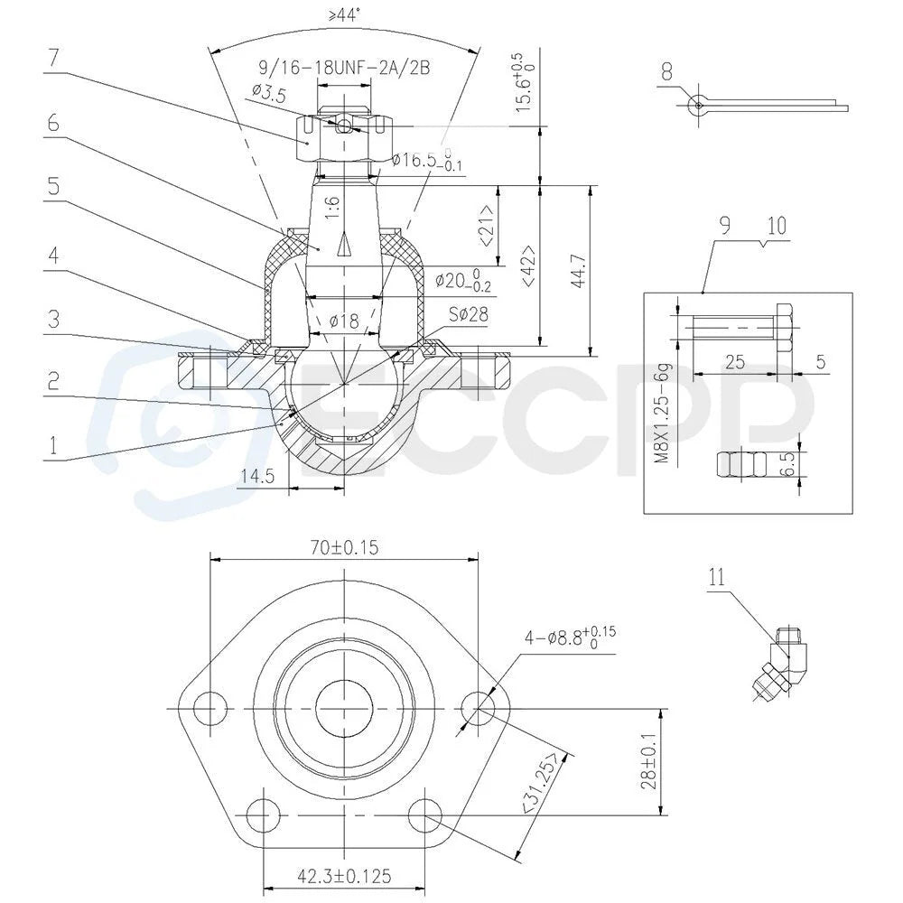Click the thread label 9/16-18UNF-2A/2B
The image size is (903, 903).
pos(344,69)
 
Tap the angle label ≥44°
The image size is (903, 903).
pos(344,14)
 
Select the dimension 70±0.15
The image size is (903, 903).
pos(344,547)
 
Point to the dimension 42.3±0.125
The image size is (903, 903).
pos(344,877)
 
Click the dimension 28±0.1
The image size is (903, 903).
pos(650,762)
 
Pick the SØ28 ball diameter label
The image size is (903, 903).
pos(468,314)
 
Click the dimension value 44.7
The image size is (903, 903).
pos(579,270)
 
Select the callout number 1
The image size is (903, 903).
pos(53,445)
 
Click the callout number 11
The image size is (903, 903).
pos(716,577)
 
